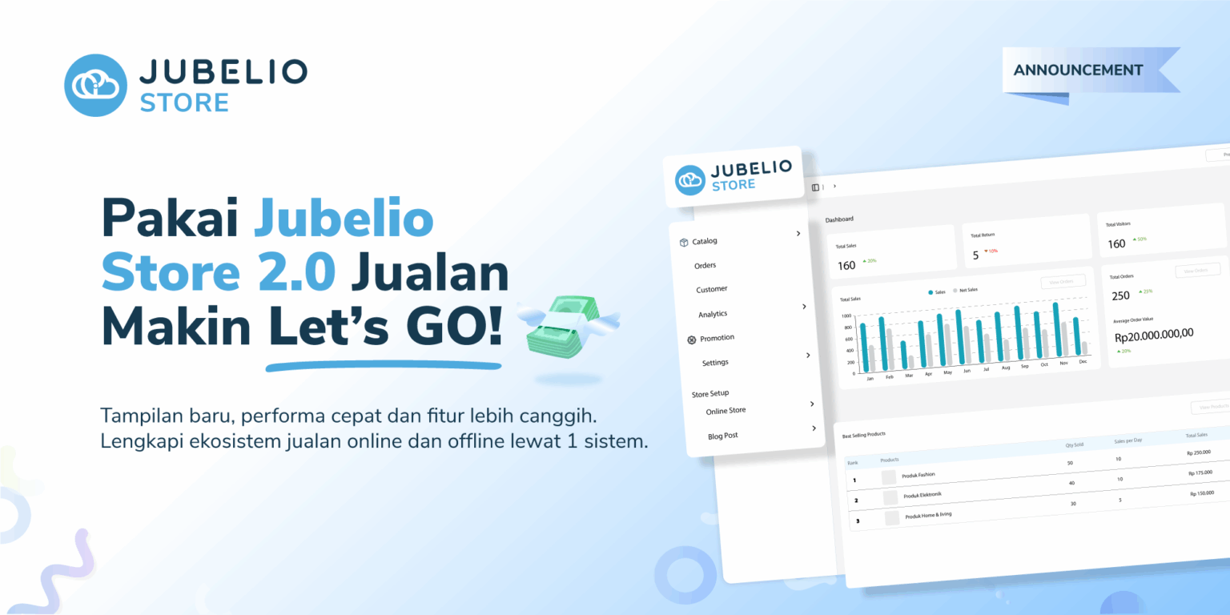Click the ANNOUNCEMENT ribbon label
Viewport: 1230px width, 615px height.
pos(1078,70)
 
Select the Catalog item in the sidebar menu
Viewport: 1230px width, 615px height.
pos(704,241)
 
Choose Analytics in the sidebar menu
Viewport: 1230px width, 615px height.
pos(713,314)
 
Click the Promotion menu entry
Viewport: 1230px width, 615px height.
pos(717,338)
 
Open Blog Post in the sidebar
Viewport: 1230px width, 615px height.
pos(723,436)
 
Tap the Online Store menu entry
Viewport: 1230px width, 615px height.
pos(726,411)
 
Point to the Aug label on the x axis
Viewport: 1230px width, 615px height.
pos(1006,368)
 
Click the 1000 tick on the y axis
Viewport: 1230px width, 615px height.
pos(846,316)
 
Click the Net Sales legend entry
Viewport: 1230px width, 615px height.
pos(965,290)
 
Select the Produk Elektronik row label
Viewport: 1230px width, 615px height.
pos(925,496)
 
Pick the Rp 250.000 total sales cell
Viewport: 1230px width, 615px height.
pos(1199,452)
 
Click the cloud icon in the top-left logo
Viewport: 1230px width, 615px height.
pos(96,85)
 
